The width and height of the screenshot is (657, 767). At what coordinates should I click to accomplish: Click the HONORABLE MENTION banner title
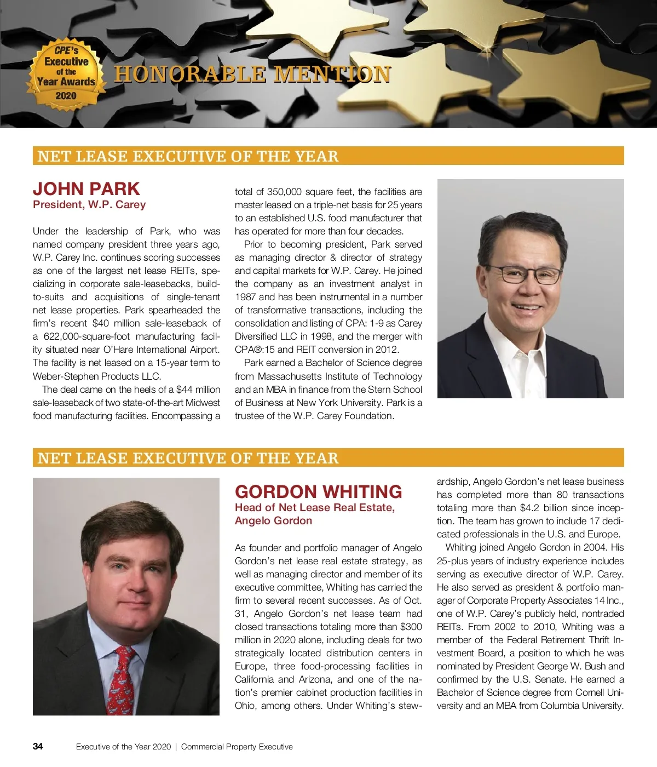[x=252, y=75]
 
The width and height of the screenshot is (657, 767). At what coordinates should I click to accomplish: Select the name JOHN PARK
[x=87, y=188]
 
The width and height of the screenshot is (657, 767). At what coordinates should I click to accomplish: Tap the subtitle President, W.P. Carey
[x=89, y=205]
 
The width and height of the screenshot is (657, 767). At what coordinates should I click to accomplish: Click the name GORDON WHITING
[x=318, y=491]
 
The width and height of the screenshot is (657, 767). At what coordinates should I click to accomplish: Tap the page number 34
[x=38, y=746]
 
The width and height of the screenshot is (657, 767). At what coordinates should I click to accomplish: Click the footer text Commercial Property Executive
[x=237, y=747]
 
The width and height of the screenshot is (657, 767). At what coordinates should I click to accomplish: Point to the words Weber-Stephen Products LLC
[x=97, y=376]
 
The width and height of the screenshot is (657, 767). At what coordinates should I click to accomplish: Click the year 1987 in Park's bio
[x=245, y=297]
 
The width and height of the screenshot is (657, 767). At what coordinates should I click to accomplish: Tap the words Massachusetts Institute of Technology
[x=340, y=376]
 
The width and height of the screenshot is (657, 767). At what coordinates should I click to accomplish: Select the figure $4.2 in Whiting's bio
[x=531, y=508]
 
